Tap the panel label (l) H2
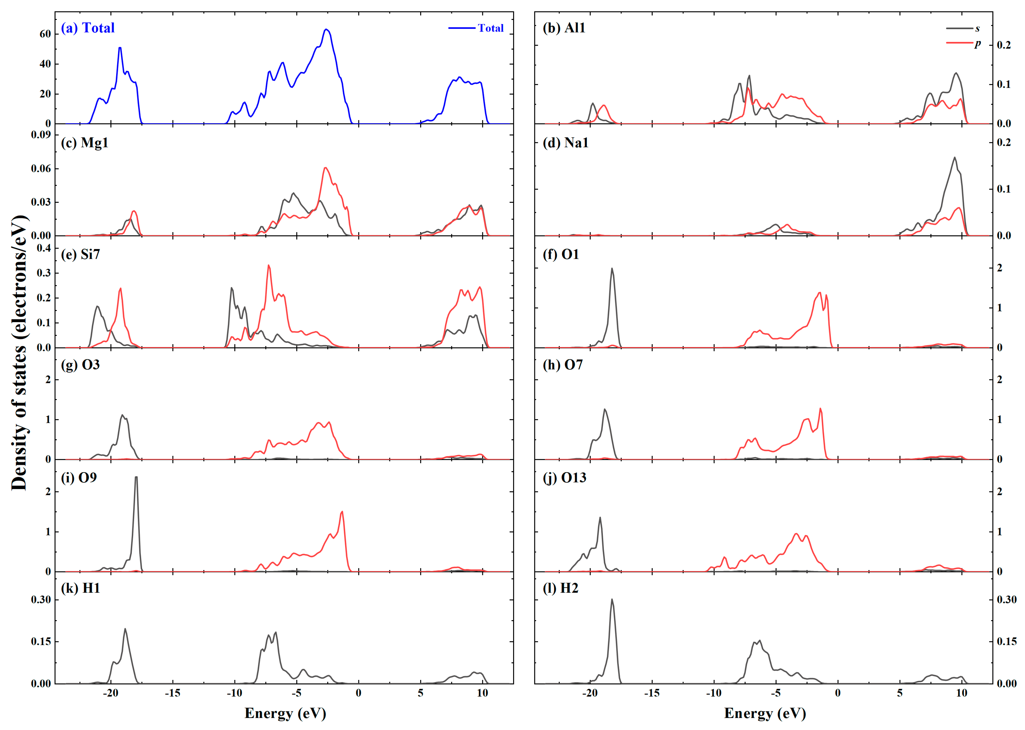(561, 588)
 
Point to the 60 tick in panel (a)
(45, 34)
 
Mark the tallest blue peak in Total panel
(326, 30)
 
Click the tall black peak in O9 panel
(136, 477)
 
